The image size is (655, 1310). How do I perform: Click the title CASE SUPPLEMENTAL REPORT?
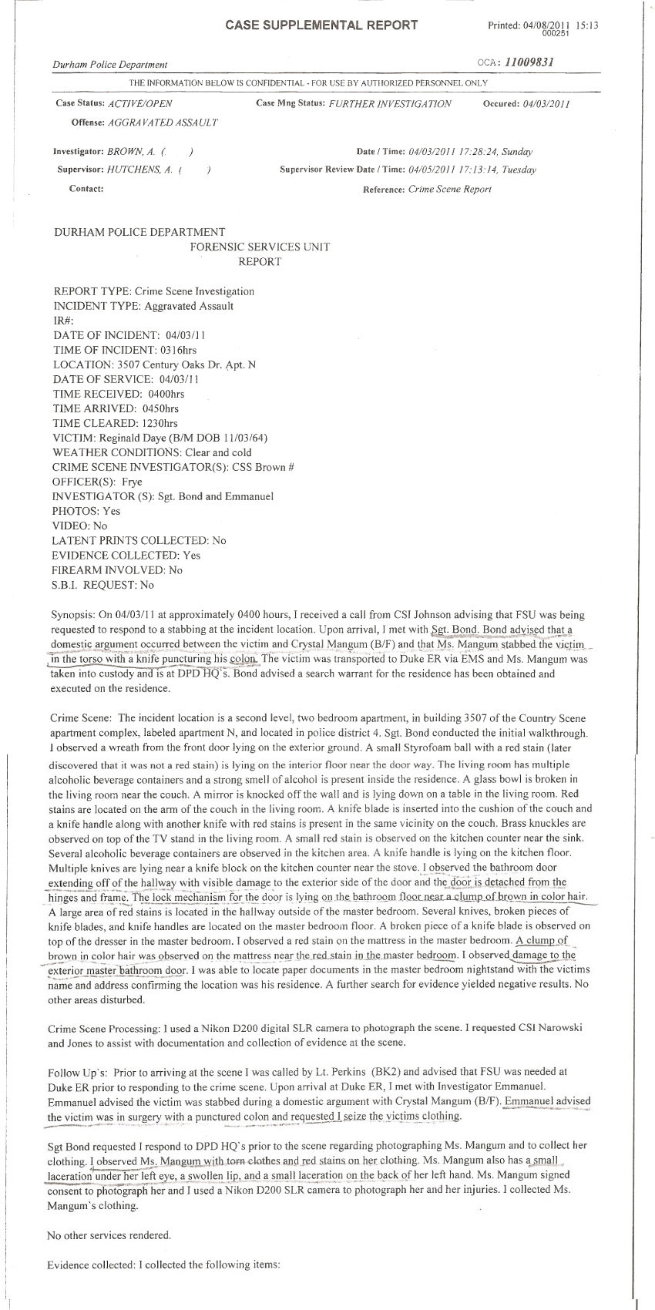coord(321,25)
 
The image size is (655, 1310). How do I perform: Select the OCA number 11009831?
coord(526,62)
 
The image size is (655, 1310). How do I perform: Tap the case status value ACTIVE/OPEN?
coord(140,104)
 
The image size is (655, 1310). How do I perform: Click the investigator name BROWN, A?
coord(125,153)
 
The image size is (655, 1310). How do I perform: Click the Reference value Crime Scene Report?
coord(449,190)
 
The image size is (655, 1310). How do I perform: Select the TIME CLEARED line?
coord(116,423)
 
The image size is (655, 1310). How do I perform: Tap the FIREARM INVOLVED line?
coord(117,570)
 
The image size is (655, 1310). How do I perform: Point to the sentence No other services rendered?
coord(109,1235)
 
